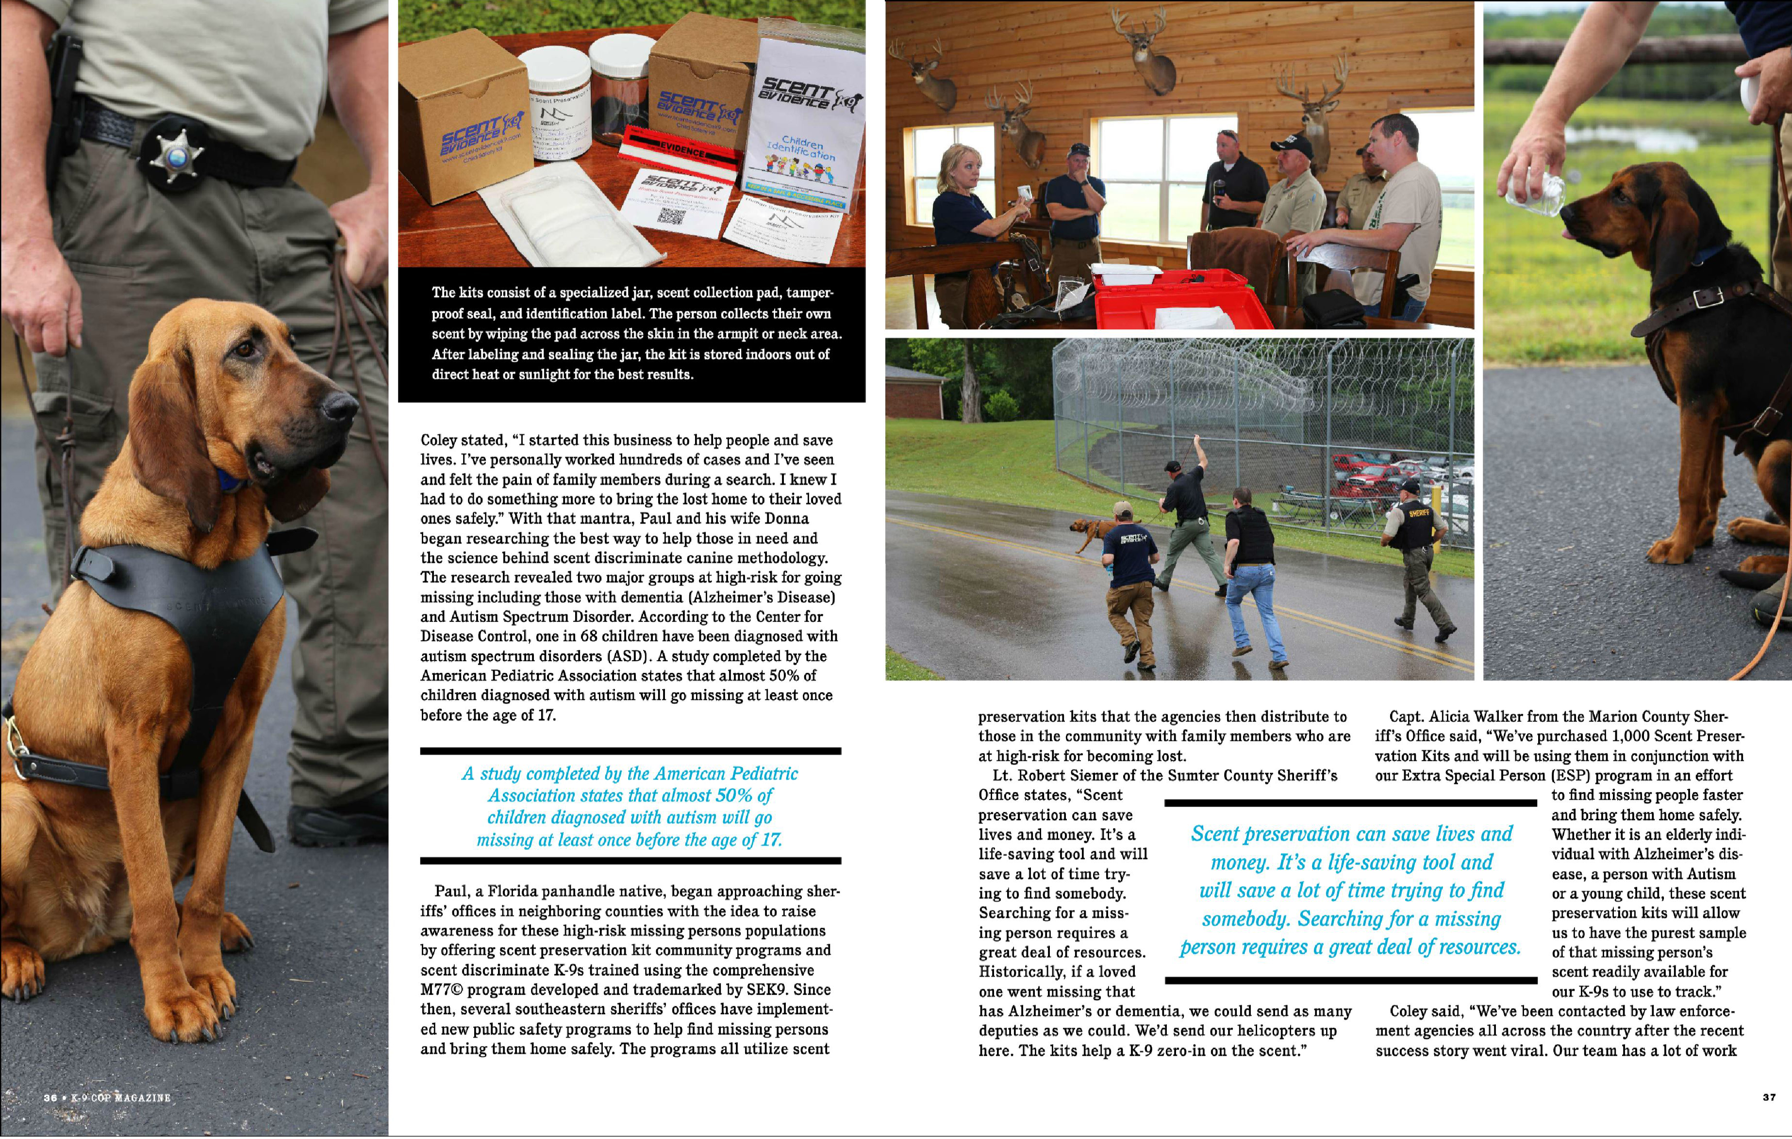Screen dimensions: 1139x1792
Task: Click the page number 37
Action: pos(1770,1097)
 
